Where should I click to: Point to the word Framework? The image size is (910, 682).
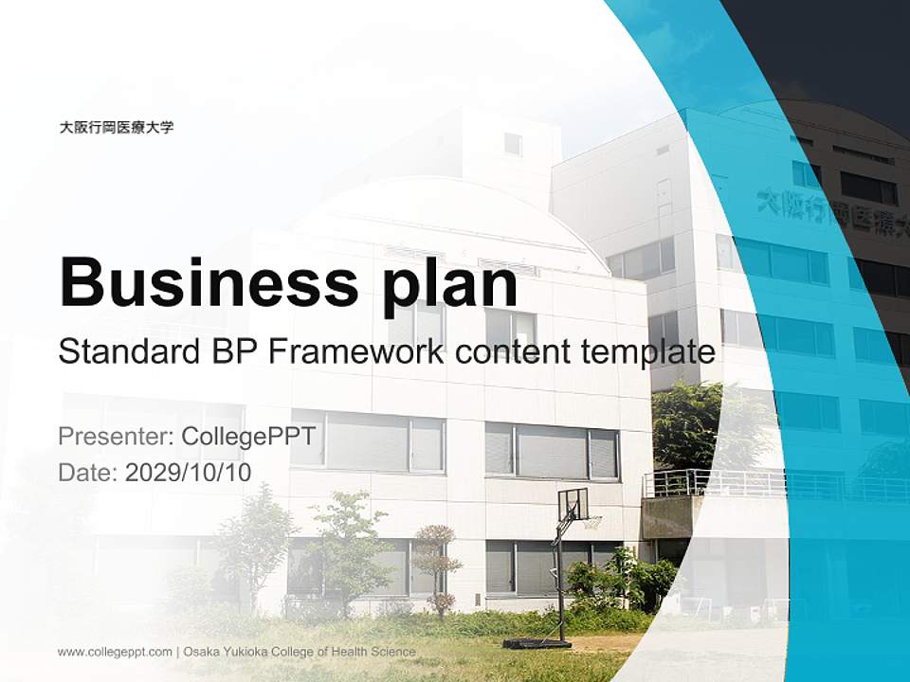pyautogui.click(x=355, y=352)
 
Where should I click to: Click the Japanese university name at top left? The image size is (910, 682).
pyautogui.click(x=117, y=127)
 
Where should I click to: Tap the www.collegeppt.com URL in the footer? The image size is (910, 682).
pyautogui.click(x=115, y=652)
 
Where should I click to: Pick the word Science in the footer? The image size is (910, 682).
pyautogui.click(x=393, y=652)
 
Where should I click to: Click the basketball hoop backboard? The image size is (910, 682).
pyautogui.click(x=573, y=504)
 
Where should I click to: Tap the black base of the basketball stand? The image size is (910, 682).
pyautogui.click(x=537, y=644)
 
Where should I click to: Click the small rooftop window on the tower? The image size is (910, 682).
pyautogui.click(x=513, y=144)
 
